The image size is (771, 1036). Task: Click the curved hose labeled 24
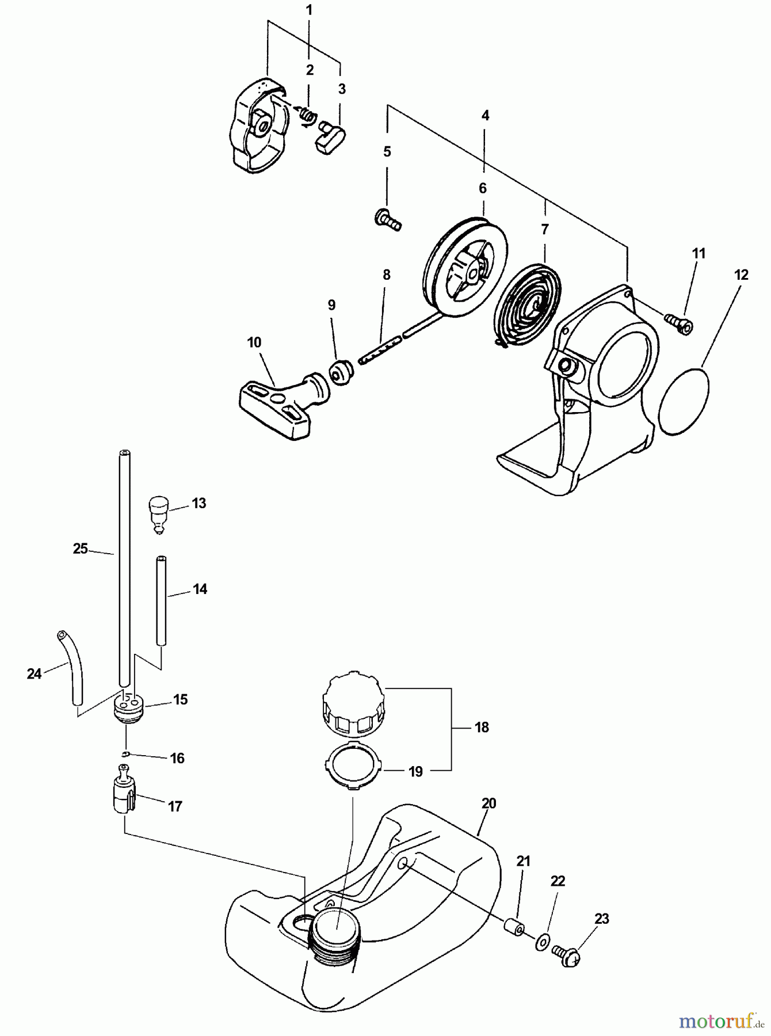pyautogui.click(x=72, y=668)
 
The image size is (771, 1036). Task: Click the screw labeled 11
pyautogui.click(x=679, y=323)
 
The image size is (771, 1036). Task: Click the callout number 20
pyautogui.click(x=488, y=803)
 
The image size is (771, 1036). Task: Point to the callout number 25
pyautogui.click(x=80, y=549)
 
